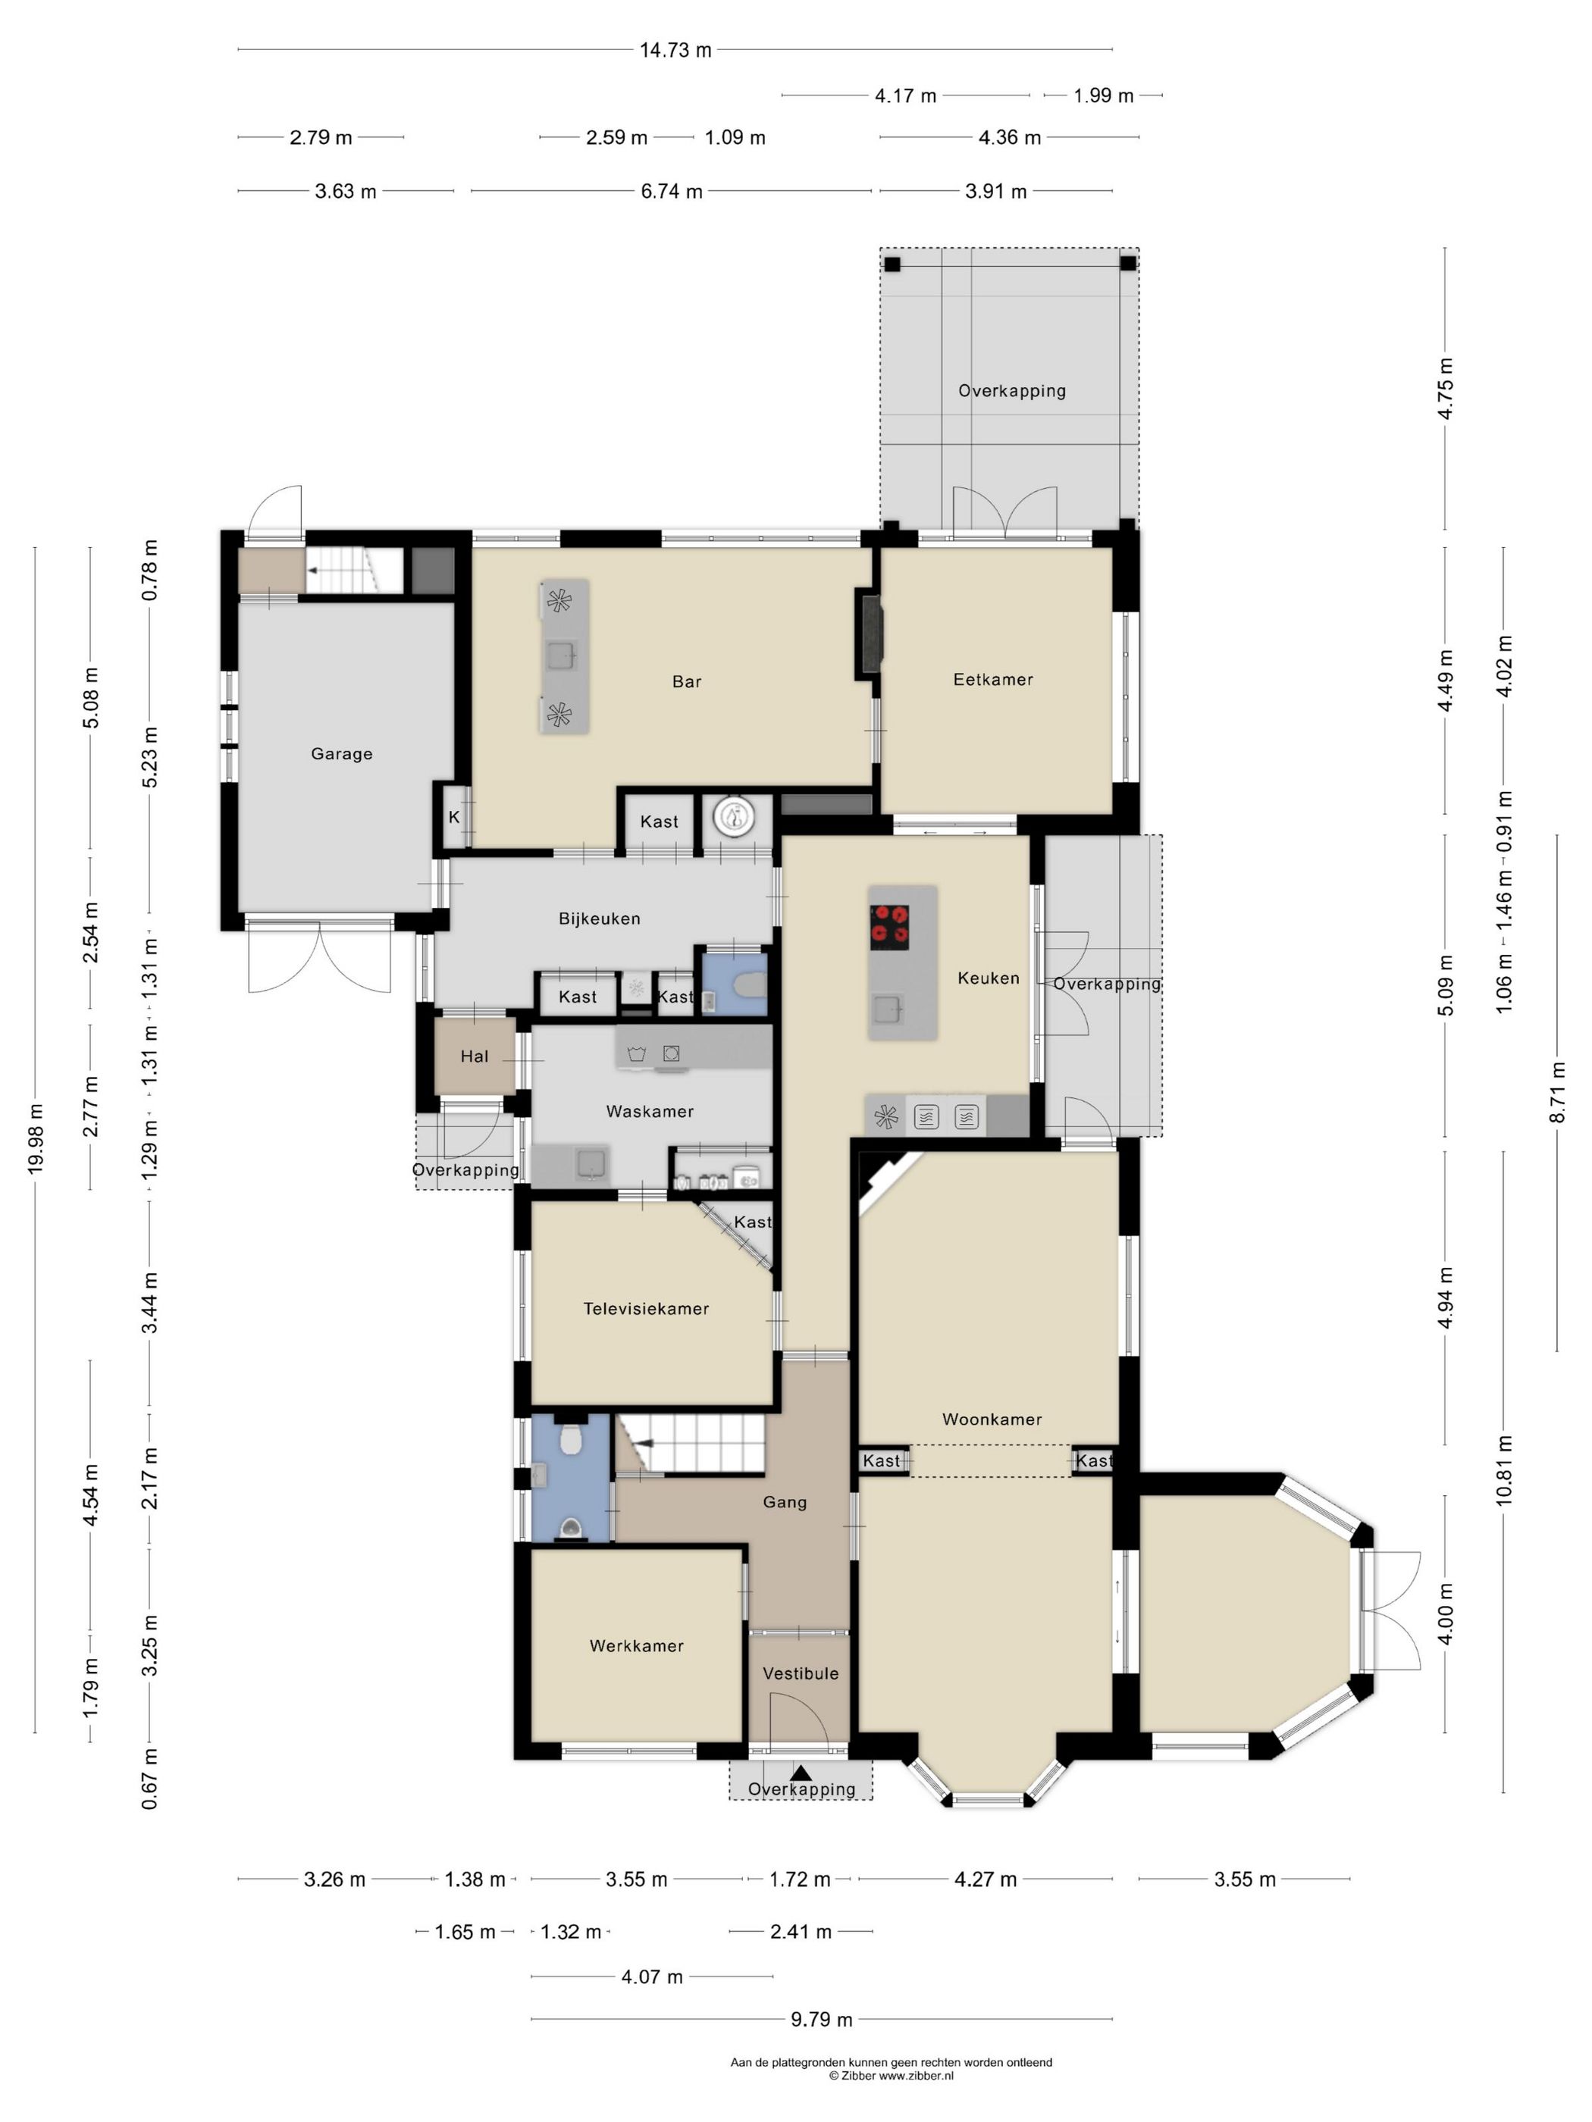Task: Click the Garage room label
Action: tap(342, 754)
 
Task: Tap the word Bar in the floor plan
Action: tap(687, 682)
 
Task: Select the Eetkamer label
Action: tap(993, 679)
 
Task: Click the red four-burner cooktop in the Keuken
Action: tap(889, 928)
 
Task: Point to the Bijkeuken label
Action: tap(600, 919)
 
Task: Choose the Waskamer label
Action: tap(650, 1112)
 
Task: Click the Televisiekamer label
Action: tap(647, 1309)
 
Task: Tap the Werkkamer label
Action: tap(638, 1646)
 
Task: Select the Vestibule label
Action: tap(801, 1674)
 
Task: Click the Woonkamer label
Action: tap(992, 1419)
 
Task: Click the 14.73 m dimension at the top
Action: tap(675, 50)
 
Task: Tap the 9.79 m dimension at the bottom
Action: tap(822, 2020)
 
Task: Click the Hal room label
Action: tap(475, 1056)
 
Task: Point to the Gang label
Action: tap(785, 1502)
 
